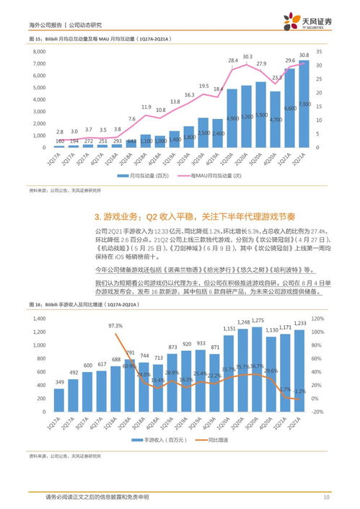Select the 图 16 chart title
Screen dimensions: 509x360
coord(87,306)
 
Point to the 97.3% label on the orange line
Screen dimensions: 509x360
coord(115,326)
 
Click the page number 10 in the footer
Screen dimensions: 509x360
coord(326,497)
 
